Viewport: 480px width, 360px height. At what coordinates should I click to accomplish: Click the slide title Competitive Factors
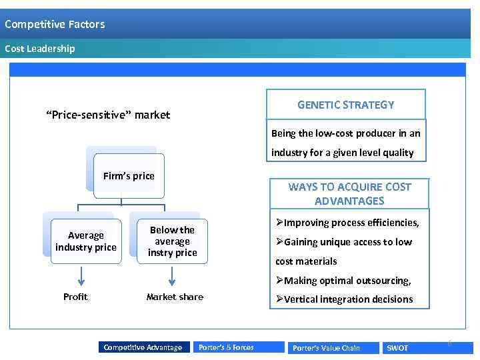click(55, 25)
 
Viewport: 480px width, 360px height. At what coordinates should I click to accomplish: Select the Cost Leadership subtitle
click(40, 49)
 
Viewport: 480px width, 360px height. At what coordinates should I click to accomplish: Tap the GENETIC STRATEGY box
click(345, 105)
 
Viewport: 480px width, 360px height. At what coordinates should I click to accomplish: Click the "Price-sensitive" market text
click(108, 115)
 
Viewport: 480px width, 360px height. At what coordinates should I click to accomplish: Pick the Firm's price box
click(129, 176)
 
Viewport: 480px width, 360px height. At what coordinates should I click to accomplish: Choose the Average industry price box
click(86, 241)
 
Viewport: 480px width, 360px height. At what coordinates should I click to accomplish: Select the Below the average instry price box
click(173, 241)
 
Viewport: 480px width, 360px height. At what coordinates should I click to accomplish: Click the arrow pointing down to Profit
click(81, 276)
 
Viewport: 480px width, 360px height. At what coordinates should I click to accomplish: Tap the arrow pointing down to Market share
click(173, 276)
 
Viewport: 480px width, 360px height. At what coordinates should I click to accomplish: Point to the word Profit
click(75, 297)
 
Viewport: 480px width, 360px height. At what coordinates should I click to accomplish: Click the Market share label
click(175, 297)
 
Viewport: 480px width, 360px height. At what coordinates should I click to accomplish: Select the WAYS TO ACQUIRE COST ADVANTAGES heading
click(349, 194)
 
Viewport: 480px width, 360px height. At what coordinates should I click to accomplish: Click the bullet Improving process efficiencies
click(351, 223)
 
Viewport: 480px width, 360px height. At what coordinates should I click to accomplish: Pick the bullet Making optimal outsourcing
click(347, 281)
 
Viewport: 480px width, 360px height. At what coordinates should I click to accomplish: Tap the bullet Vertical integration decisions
click(348, 299)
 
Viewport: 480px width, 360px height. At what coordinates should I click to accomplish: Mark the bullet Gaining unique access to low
click(348, 242)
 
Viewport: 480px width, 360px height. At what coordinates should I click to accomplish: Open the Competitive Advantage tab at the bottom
click(143, 347)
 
